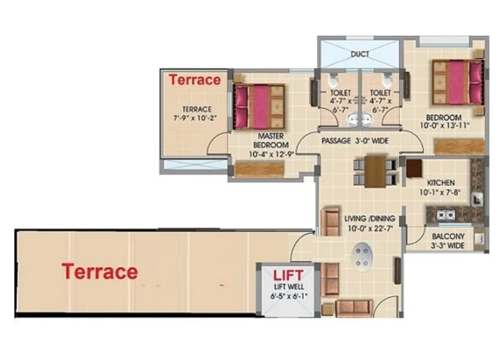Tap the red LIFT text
coord(287,274)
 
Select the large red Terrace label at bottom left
coord(100,272)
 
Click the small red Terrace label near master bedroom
coord(195,79)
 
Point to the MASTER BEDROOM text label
coord(273,140)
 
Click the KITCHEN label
coord(441,183)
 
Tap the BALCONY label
coord(448,237)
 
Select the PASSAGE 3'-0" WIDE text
coord(354,141)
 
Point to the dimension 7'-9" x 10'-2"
coord(195,118)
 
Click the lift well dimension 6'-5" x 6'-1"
coord(287,295)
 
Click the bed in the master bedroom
coord(257,105)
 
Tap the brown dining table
coord(375,171)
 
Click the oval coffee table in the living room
coord(362,256)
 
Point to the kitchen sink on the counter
coord(446,214)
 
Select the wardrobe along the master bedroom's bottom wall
coord(260,170)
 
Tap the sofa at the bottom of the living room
coord(353,308)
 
